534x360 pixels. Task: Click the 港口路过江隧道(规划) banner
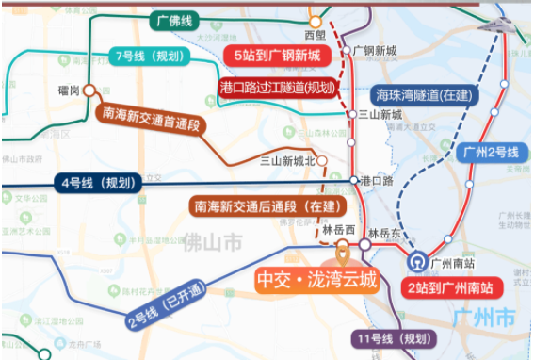click(277, 88)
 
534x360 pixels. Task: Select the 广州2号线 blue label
click(493, 151)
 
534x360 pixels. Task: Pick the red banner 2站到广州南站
click(451, 286)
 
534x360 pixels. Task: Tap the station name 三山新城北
click(288, 160)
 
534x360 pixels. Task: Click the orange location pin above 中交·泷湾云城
click(343, 251)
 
